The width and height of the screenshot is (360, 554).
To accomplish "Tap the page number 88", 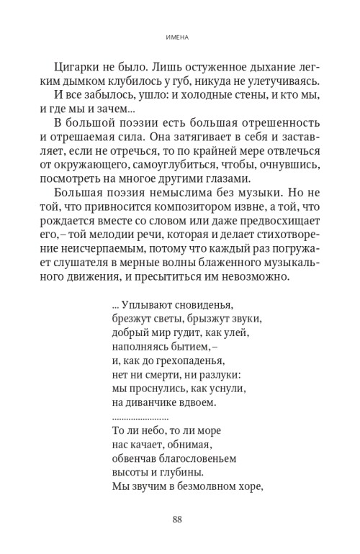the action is click(x=179, y=520).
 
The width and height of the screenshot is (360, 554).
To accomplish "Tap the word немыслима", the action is click(x=167, y=195).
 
